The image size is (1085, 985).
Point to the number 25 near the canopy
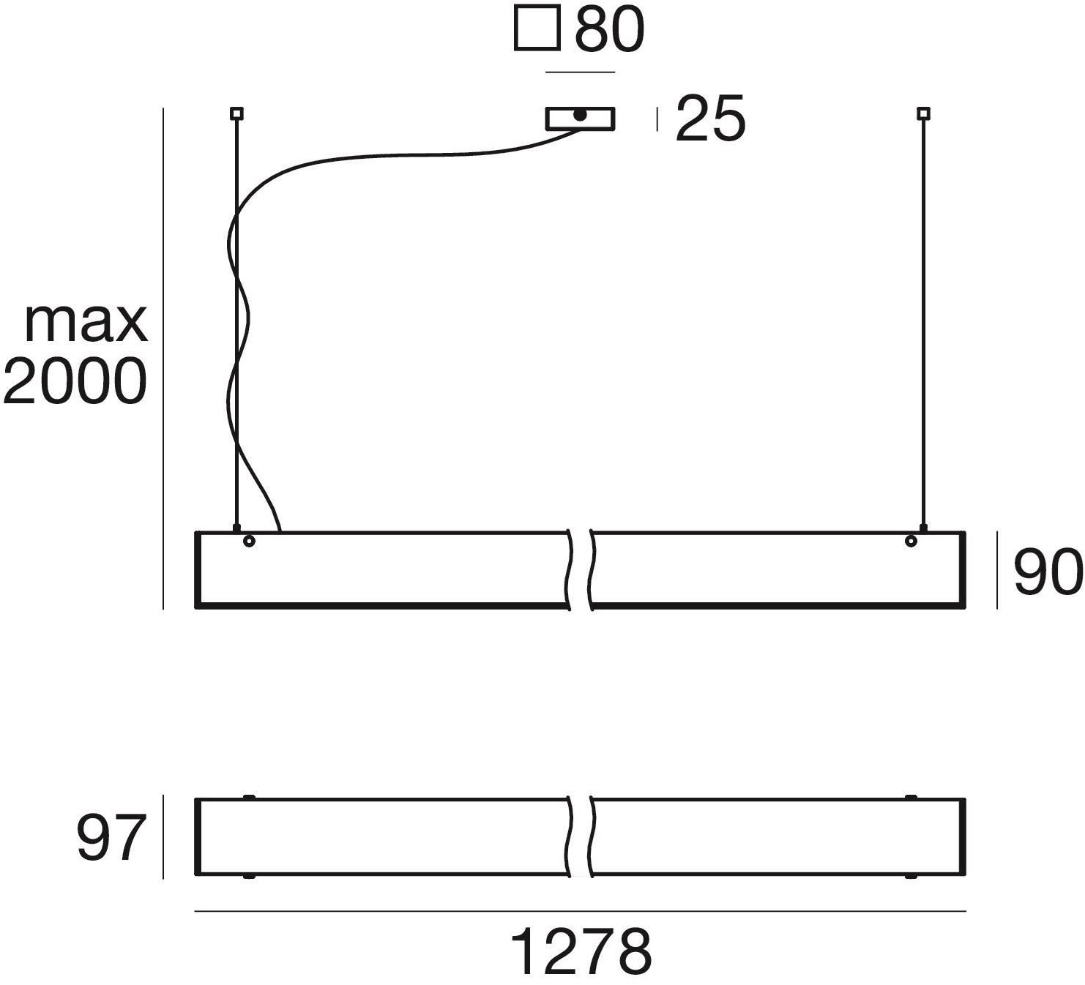709,119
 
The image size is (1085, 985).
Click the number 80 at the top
609,30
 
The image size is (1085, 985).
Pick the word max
86,322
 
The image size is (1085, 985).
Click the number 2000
75,382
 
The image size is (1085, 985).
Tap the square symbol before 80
537,29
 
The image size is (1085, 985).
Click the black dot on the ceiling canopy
580,115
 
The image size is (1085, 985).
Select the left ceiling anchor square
236,113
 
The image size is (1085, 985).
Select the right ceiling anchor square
923,113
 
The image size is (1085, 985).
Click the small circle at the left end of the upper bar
249,542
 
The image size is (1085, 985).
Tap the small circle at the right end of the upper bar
911,542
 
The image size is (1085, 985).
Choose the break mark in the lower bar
581,837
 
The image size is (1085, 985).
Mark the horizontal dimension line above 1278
580,912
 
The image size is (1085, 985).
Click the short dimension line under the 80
580,72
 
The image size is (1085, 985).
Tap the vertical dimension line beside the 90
996,571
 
